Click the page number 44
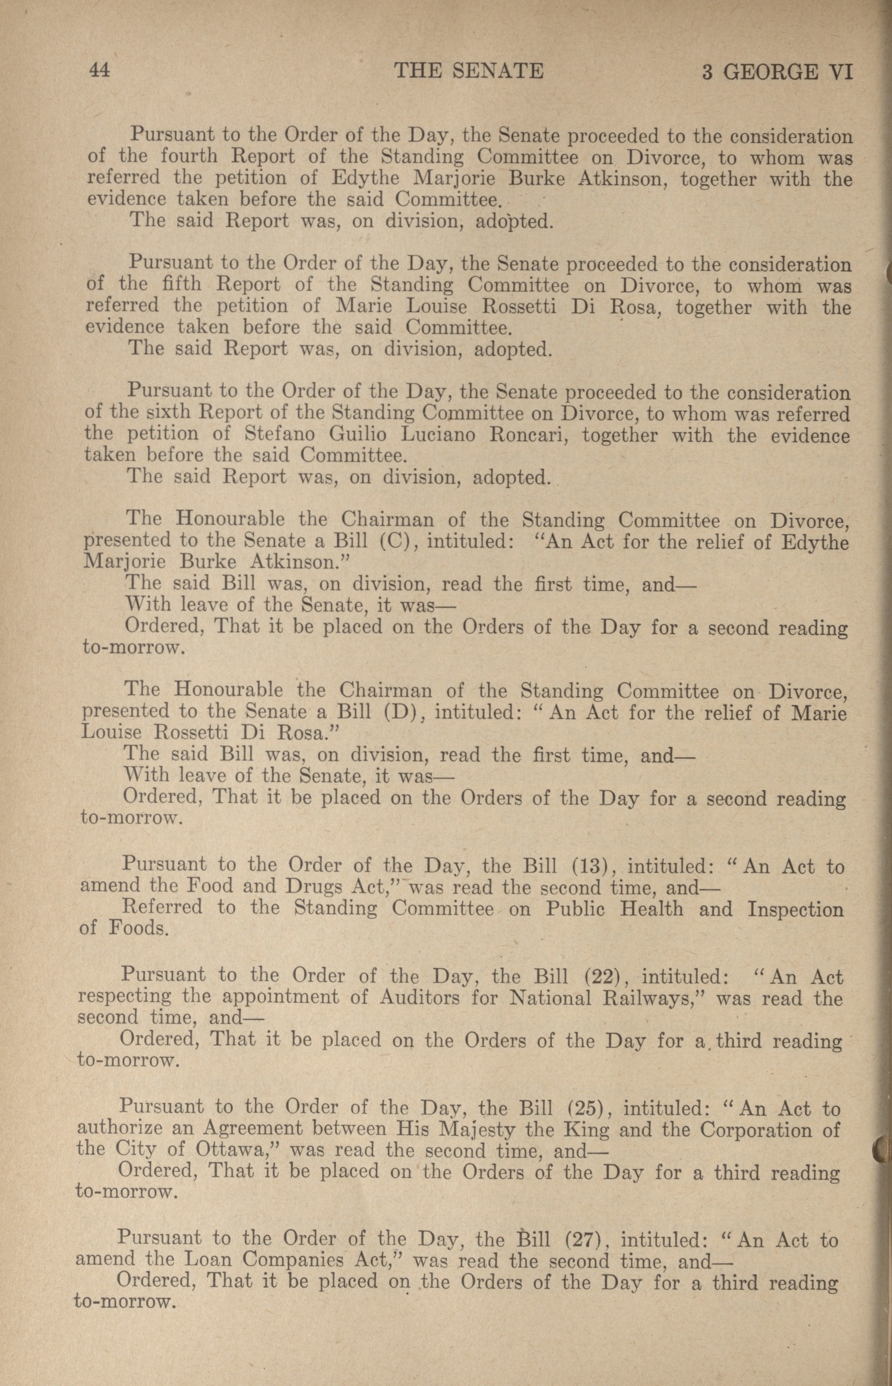point(99,71)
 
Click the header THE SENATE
point(469,71)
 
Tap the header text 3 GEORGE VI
point(777,72)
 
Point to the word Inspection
point(795,909)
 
